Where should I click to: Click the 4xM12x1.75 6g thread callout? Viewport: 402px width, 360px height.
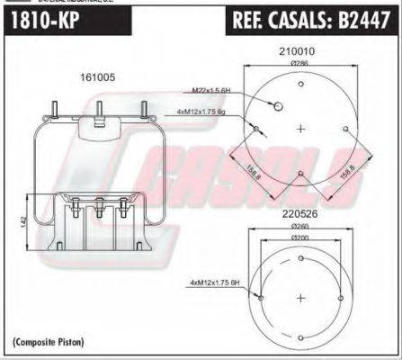point(202,112)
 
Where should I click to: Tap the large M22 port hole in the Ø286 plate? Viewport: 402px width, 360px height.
point(278,106)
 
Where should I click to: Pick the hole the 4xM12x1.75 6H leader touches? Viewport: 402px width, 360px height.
point(260,298)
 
